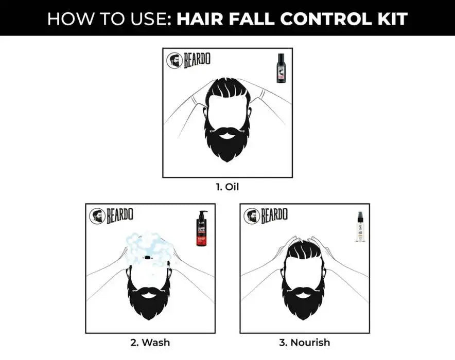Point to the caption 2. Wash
click(x=150, y=342)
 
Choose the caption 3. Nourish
click(x=305, y=342)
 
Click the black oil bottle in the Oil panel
click(x=281, y=68)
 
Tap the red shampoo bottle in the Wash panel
click(x=201, y=229)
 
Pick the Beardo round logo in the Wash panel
click(x=97, y=216)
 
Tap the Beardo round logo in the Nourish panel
click(x=252, y=216)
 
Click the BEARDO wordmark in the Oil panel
click(x=197, y=60)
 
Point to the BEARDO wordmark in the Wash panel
click(x=120, y=215)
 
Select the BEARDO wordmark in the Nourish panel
click(x=274, y=215)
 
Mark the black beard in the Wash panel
click(x=150, y=298)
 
